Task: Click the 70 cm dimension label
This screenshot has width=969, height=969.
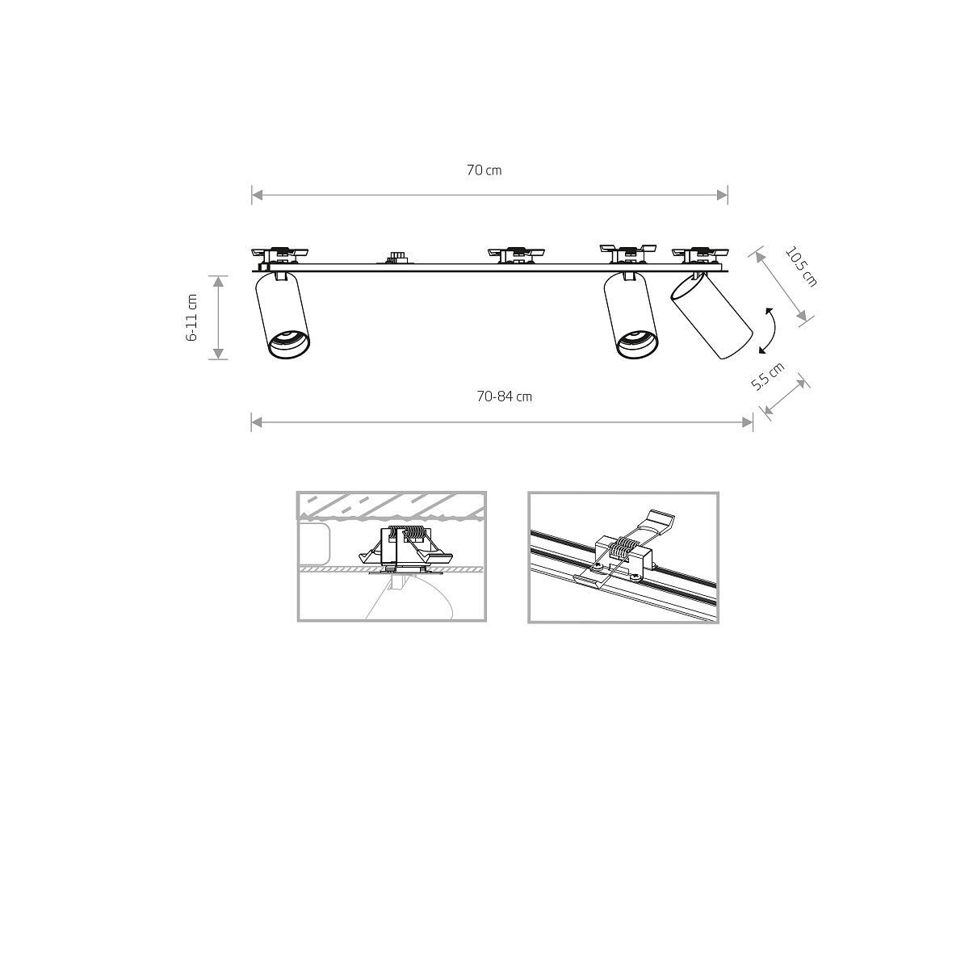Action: pos(484,170)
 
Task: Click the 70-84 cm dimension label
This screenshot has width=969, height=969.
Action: pos(504,396)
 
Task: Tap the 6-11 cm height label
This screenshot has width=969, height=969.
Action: pos(192,317)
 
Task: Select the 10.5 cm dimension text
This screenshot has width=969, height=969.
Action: pos(800,266)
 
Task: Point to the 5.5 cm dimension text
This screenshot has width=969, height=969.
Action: pos(767,376)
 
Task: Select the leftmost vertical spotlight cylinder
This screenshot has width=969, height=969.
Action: pos(283,315)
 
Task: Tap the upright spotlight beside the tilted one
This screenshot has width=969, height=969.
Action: pos(632,315)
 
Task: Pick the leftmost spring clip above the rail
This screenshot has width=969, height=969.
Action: pos(279,254)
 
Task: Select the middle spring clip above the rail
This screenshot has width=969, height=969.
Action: pos(514,254)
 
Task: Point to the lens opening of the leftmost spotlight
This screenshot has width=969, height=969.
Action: pos(288,344)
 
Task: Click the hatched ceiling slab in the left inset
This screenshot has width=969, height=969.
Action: pos(392,505)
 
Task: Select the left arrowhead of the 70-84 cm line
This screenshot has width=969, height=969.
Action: pos(256,421)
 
